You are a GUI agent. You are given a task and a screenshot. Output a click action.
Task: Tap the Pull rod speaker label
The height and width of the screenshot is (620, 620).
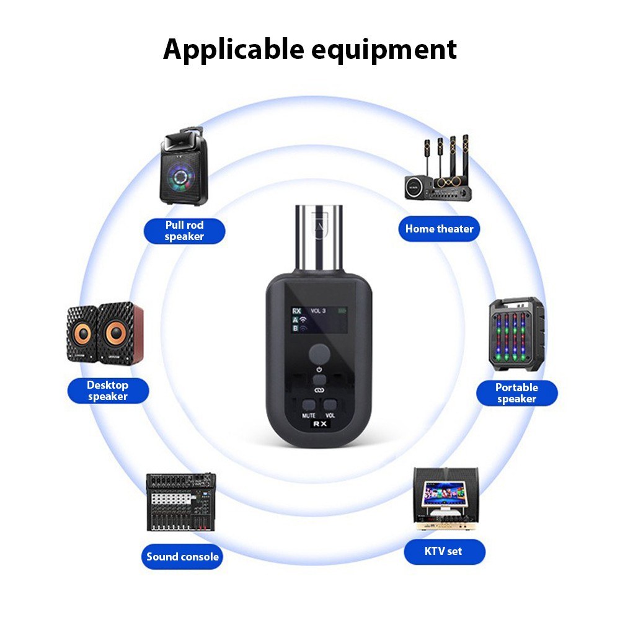184,231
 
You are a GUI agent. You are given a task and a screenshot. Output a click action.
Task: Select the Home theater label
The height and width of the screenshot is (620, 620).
439,229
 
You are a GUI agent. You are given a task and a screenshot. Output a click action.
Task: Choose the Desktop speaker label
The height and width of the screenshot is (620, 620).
107,391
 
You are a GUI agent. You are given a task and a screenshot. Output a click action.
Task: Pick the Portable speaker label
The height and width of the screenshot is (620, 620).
516,393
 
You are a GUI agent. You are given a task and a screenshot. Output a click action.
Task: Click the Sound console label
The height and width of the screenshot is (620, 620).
182,556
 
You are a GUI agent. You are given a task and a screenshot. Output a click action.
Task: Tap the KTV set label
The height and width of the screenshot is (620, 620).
443,551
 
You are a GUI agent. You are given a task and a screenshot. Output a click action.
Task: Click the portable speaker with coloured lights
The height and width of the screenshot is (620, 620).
517,335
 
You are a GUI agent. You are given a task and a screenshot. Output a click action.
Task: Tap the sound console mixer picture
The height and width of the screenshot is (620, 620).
181,502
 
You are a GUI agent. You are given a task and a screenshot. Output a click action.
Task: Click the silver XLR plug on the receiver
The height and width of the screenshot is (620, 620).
319,239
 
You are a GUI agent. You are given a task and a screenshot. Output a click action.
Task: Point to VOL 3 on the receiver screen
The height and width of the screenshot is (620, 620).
317,310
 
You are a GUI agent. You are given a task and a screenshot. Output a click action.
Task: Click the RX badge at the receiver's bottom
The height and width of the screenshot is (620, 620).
320,425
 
